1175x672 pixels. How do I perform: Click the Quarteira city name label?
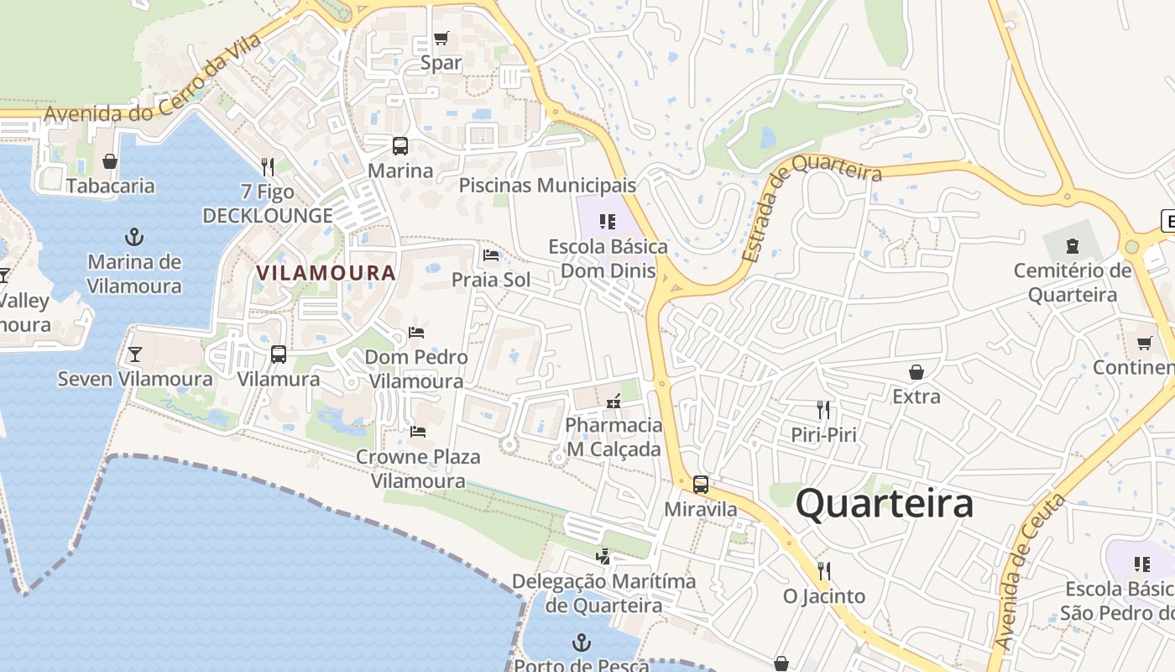[x=885, y=504]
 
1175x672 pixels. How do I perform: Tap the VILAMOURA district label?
[x=326, y=273]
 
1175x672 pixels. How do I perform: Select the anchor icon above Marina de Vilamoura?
[x=133, y=237]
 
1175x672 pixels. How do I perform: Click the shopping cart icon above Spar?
[x=441, y=39]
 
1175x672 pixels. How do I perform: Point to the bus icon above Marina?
[x=400, y=146]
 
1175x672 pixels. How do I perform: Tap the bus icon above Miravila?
[x=700, y=485]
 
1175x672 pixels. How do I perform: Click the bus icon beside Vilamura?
[x=279, y=354]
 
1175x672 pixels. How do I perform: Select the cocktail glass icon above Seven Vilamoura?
[x=134, y=354]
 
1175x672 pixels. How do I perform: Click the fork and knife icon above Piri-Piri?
[x=823, y=410]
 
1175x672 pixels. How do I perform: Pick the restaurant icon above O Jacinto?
[x=823, y=571]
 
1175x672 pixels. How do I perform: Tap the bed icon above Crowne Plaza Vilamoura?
[x=418, y=432]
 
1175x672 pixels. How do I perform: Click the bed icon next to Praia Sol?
[x=491, y=255]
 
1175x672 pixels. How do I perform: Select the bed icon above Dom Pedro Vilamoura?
[x=416, y=332]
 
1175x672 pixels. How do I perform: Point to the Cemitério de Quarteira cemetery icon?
[x=1072, y=246]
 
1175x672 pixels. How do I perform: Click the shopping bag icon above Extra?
[x=916, y=371]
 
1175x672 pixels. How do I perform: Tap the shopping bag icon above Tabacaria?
[x=110, y=161]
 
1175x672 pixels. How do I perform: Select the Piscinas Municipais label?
[x=547, y=185]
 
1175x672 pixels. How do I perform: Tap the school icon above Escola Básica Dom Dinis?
[x=608, y=222]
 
